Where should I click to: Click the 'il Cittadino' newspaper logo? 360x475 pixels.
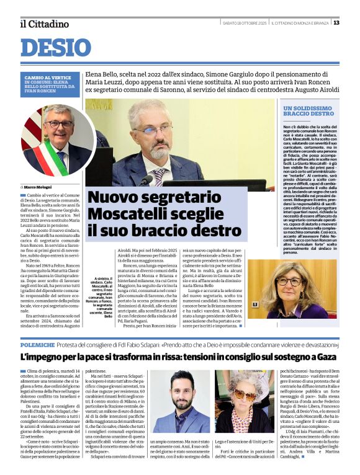tap(44, 24)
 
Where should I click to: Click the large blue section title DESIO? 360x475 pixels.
tap(56, 48)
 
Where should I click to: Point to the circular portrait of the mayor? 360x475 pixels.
tap(59, 140)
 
